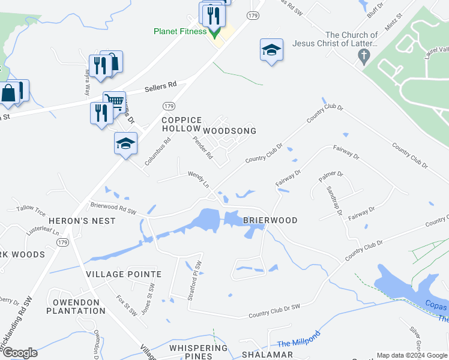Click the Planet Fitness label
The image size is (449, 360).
[x=179, y=32]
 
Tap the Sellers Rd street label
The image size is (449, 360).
[x=161, y=87]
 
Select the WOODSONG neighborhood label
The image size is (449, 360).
[x=229, y=131]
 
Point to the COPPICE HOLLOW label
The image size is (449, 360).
[x=181, y=124]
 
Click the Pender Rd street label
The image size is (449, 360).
[x=202, y=148]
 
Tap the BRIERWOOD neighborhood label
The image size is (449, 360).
[x=270, y=220]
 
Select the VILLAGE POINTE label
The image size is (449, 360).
[x=124, y=274]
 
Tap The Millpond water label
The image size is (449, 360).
[x=299, y=339]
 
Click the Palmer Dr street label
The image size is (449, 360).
[x=331, y=176]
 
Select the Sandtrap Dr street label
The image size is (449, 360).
[x=334, y=200]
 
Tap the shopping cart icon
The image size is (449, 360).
[x=113, y=100]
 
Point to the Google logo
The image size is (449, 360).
[x=19, y=353]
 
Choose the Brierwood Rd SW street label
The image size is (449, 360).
[x=113, y=208]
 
